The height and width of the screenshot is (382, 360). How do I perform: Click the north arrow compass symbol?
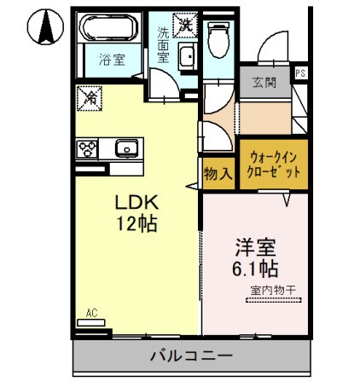[44, 27]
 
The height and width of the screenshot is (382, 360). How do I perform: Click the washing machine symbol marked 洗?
[184, 23]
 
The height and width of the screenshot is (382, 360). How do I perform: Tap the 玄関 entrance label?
[263, 83]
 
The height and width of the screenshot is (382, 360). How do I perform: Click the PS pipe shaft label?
[299, 73]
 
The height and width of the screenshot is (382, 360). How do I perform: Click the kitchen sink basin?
[126, 149]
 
